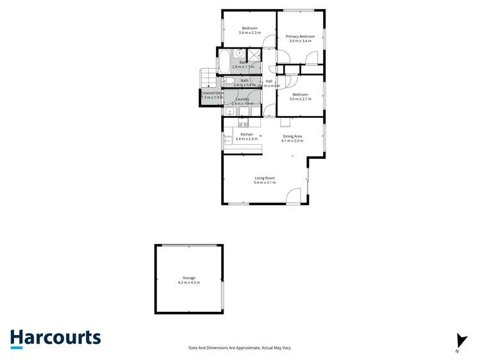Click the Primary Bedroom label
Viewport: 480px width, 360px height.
(300, 37)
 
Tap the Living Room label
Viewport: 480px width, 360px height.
(264, 178)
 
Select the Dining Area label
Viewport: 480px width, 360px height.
(292, 136)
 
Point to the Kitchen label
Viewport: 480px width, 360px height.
(247, 135)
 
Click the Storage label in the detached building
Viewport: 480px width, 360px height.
(188, 278)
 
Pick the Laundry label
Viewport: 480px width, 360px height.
(242, 99)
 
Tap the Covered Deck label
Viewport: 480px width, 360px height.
(211, 93)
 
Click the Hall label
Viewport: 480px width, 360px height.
(269, 81)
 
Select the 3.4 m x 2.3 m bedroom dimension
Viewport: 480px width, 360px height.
(249, 33)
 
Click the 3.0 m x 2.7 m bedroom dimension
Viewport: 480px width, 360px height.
(300, 99)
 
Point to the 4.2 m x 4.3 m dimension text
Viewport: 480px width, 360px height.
(188, 282)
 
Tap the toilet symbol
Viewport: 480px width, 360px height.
(228, 81)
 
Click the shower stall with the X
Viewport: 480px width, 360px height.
(254, 54)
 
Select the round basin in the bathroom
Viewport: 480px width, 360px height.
(238, 54)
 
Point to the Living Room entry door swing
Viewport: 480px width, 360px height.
(293, 196)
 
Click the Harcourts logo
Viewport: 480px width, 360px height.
(55, 338)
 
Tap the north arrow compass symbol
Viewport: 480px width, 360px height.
(461, 341)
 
